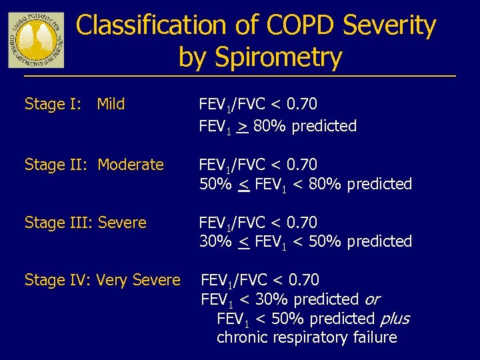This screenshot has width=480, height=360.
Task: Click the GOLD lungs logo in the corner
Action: pyautogui.click(x=36, y=39)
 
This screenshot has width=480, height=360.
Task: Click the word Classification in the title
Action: pyautogui.click(x=151, y=26)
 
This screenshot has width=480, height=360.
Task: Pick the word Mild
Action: pyautogui.click(x=111, y=105)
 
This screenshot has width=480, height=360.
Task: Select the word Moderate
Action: pyautogui.click(x=131, y=165)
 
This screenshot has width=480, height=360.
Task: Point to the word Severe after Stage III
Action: pyautogui.click(x=122, y=223)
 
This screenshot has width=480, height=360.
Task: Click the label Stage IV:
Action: pyautogui.click(x=58, y=281)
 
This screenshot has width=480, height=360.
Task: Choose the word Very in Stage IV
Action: pyautogui.click(x=111, y=281)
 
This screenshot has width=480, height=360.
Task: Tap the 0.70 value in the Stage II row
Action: pyautogui.click(x=301, y=165)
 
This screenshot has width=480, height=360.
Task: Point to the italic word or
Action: pyautogui.click(x=372, y=300)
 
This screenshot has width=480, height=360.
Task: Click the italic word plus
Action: pyautogui.click(x=394, y=319)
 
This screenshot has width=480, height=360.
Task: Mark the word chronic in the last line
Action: pyautogui.click(x=241, y=337)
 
